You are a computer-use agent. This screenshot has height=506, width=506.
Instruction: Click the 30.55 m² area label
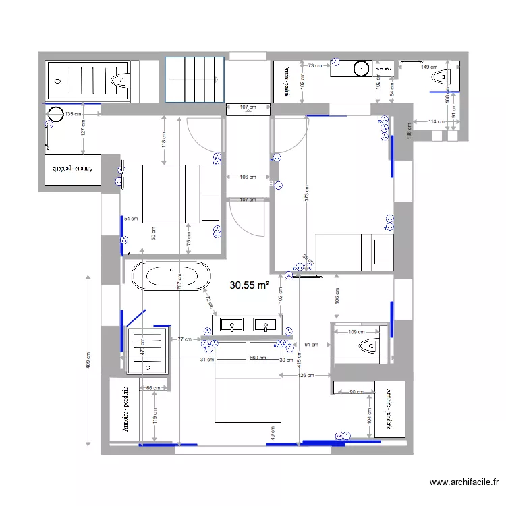click(250, 285)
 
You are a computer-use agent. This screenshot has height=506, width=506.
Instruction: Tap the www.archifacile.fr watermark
click(465, 482)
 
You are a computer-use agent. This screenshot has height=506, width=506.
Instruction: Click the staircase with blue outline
click(194, 79)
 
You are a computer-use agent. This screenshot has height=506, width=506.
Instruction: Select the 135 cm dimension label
click(73, 114)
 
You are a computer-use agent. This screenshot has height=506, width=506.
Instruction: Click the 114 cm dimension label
click(437, 121)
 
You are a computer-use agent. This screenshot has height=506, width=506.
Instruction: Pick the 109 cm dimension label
click(356, 331)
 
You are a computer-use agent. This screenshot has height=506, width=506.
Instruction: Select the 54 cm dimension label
click(130, 219)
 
